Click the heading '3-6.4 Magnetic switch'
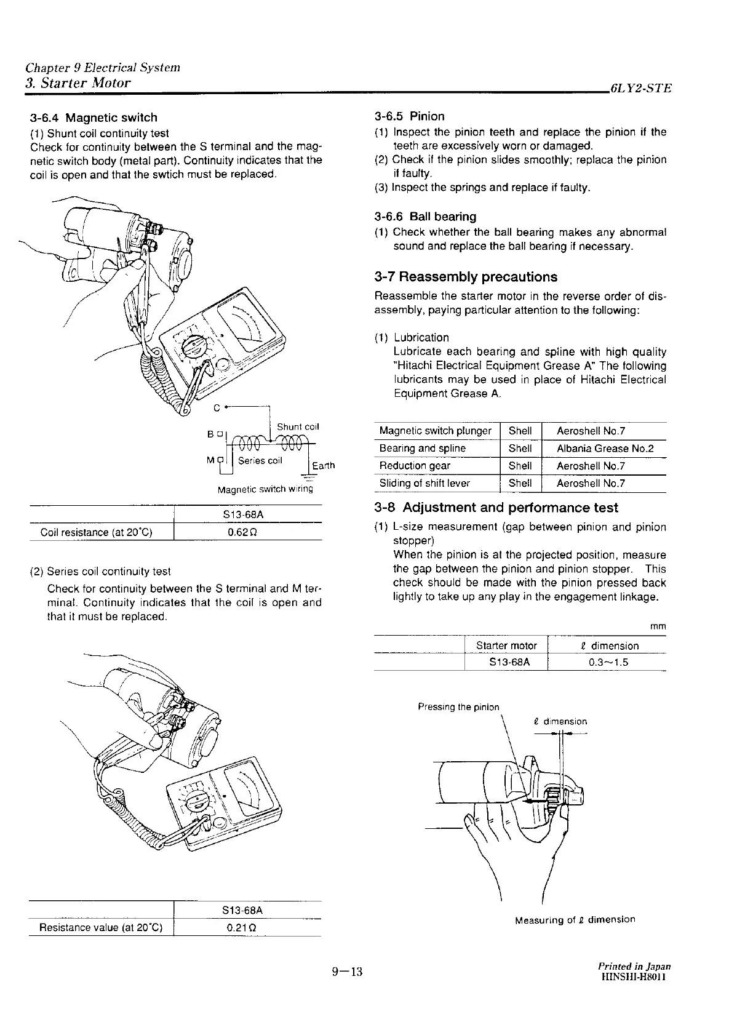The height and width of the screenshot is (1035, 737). click(94, 118)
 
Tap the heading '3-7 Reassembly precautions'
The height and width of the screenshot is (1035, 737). click(466, 277)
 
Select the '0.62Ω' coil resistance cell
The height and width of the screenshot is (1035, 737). click(247, 532)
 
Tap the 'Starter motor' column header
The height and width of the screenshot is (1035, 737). click(506, 645)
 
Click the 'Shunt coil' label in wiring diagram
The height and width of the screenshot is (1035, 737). click(298, 427)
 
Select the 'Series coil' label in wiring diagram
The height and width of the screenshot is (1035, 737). click(260, 460)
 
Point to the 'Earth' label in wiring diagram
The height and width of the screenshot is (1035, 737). click(323, 465)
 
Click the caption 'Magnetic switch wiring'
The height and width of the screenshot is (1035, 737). click(265, 490)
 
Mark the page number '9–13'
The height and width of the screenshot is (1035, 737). click(348, 972)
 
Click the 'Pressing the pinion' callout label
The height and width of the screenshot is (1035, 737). click(458, 706)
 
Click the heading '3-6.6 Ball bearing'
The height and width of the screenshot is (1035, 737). click(425, 217)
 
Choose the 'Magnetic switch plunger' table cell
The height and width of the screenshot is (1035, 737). click(435, 431)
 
